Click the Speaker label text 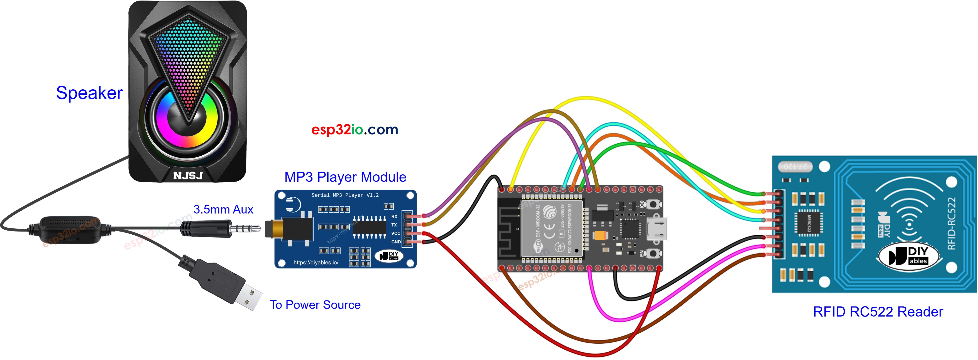[x=89, y=93]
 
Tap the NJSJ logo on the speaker [x=188, y=176]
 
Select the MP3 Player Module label [x=345, y=177]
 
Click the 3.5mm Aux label [x=223, y=209]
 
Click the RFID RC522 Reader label [x=877, y=311]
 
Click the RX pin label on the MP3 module [x=394, y=216]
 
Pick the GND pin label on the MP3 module [x=396, y=242]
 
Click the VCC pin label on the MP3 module [x=396, y=233]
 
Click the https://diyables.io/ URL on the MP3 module [x=316, y=262]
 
